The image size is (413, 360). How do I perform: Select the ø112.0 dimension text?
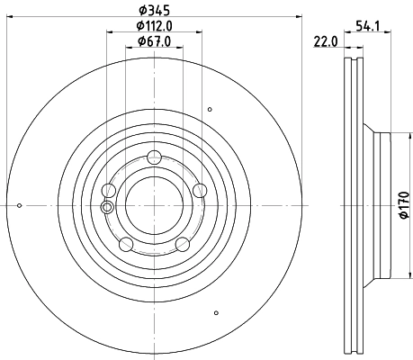(154, 26)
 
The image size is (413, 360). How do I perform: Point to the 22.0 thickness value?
(325, 41)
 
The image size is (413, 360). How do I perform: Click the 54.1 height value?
(366, 26)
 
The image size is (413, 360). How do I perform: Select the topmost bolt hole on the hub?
(154, 156)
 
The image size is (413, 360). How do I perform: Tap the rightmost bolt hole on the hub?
(200, 189)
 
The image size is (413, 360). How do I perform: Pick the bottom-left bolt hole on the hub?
(125, 243)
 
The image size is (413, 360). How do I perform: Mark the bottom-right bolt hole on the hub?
(182, 243)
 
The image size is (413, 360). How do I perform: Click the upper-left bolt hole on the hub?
(109, 190)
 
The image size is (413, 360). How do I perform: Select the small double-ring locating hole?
(108, 208)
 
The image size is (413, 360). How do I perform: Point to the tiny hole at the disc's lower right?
(217, 313)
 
